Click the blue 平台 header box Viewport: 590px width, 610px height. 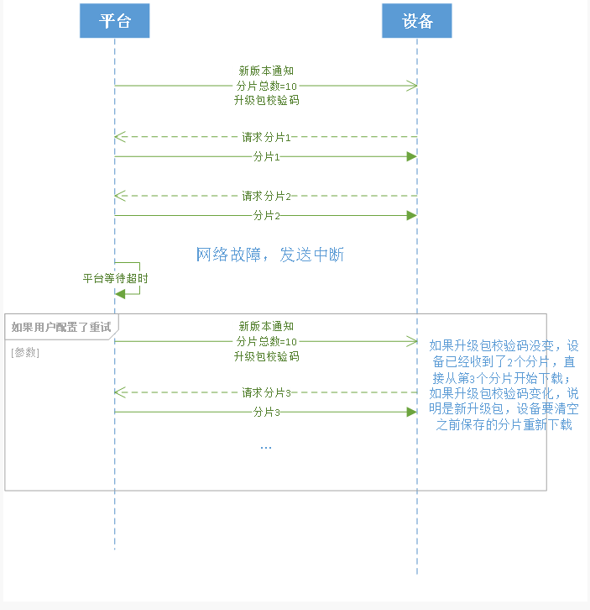[115, 21]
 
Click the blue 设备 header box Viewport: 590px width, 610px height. [417, 21]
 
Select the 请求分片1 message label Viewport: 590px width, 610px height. [266, 137]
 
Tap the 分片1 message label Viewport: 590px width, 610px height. [266, 156]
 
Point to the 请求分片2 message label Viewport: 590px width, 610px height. [266, 196]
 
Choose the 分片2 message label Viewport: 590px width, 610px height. [266, 215]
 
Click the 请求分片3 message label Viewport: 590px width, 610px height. [266, 392]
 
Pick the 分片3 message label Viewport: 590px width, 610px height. [266, 412]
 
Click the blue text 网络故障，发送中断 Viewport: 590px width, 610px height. [270, 255]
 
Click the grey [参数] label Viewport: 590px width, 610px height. [25, 352]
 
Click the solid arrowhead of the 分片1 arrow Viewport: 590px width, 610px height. [411, 156]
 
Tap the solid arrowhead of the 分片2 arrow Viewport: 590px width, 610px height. [411, 215]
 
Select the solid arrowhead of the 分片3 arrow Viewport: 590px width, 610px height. [411, 412]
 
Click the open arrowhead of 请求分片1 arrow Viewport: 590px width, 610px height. [120, 137]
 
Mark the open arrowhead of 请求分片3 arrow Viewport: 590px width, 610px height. [120, 392]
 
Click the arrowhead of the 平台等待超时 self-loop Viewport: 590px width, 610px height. [121, 292]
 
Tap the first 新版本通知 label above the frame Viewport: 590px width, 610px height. [266, 71]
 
